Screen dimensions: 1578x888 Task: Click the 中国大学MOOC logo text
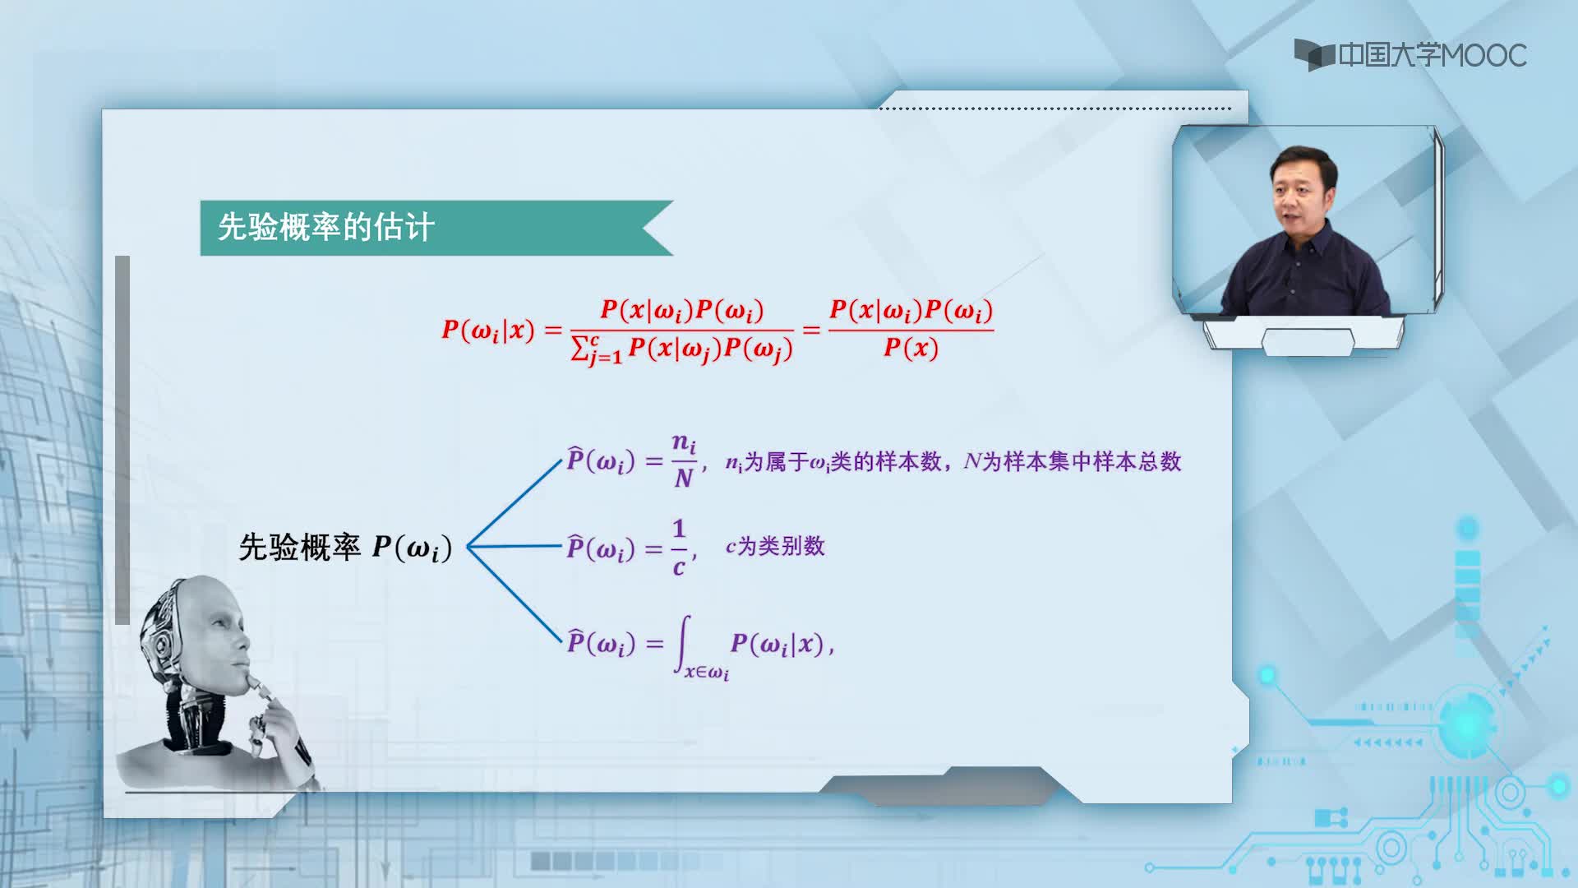point(1433,55)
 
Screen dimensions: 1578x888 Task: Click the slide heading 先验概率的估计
point(326,227)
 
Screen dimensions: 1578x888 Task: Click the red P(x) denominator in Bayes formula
point(911,349)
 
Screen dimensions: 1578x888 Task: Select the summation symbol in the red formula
point(580,349)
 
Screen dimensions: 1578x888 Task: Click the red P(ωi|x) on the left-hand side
point(488,331)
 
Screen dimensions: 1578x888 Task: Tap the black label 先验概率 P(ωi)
point(345,548)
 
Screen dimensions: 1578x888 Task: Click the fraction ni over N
point(684,460)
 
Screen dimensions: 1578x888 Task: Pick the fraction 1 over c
point(679,548)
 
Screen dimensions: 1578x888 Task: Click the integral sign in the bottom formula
point(683,645)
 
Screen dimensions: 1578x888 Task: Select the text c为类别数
point(775,546)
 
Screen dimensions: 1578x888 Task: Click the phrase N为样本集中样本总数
point(1073,461)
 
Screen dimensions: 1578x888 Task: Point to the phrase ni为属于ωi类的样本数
point(833,462)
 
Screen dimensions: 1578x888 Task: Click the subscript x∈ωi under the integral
point(707,673)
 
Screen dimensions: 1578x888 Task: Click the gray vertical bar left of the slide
point(122,440)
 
